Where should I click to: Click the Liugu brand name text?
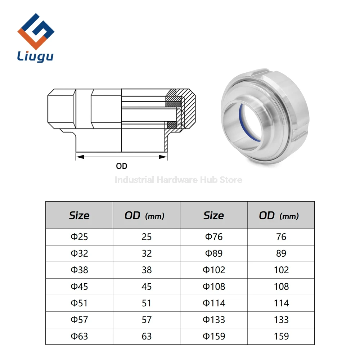(35, 56)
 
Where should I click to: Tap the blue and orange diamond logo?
(36, 31)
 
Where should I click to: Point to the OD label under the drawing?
(121, 166)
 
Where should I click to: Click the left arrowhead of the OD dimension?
(80, 157)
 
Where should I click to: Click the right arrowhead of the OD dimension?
(163, 157)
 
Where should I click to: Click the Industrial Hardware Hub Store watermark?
(179, 180)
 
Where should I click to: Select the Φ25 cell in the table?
(79, 237)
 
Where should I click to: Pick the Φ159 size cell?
(214, 336)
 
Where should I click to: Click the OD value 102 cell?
(281, 270)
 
